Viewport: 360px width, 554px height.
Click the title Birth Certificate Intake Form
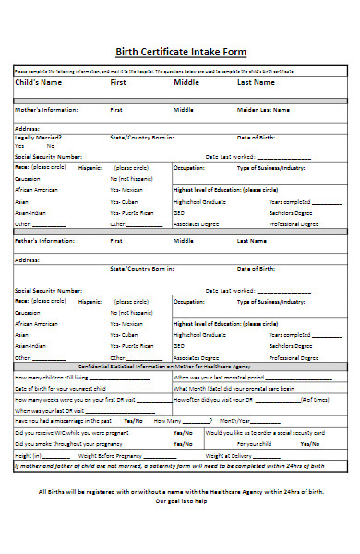tap(180, 53)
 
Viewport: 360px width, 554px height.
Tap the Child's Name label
tap(42, 83)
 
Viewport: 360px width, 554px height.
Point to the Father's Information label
tap(45, 241)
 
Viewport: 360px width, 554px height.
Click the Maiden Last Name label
tap(265, 110)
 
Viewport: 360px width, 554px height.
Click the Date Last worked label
tap(230, 157)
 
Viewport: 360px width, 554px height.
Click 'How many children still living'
tap(53, 378)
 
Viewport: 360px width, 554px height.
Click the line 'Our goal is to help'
tap(180, 527)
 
